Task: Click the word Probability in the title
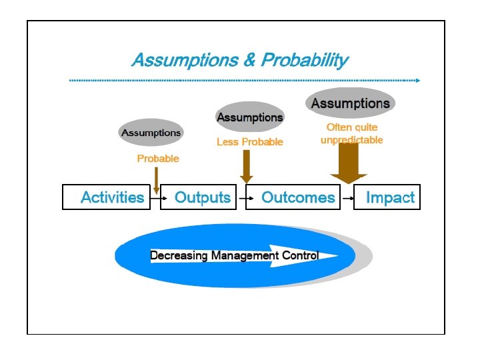pos(305,61)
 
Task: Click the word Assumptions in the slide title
pos(185,61)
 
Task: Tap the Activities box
pos(111,197)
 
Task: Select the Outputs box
pos(202,197)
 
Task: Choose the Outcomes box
pos(298,197)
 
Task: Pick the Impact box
pos(389,197)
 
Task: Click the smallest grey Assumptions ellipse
pos(151,133)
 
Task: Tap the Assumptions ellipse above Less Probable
pos(250,117)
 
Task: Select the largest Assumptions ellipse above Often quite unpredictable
pos(351,103)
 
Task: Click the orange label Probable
pos(158,159)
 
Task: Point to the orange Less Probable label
pos(250,142)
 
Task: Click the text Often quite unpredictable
pos(352,133)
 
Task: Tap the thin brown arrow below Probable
pos(156,180)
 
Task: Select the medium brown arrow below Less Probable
pos(247,167)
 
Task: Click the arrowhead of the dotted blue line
pos(417,81)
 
